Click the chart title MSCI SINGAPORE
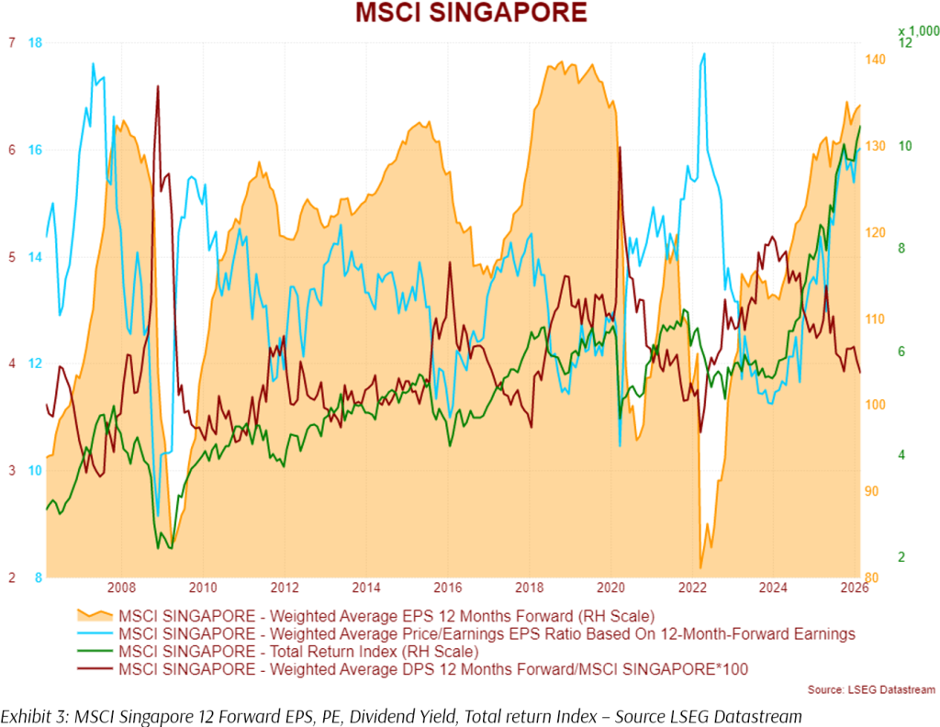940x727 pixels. [470, 13]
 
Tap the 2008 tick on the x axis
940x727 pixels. [122, 587]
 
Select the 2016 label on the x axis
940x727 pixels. [448, 587]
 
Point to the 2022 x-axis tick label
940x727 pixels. [692, 587]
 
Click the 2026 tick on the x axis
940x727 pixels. [855, 587]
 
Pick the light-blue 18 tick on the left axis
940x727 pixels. [36, 43]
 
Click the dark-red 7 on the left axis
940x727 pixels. [11, 43]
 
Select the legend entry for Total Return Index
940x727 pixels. [298, 652]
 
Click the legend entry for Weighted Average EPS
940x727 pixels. [386, 615]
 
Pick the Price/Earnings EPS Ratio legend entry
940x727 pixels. [487, 633]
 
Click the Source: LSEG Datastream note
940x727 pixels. [871, 689]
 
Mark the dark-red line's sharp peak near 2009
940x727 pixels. [158, 86]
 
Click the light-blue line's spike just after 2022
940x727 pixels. [704, 54]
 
